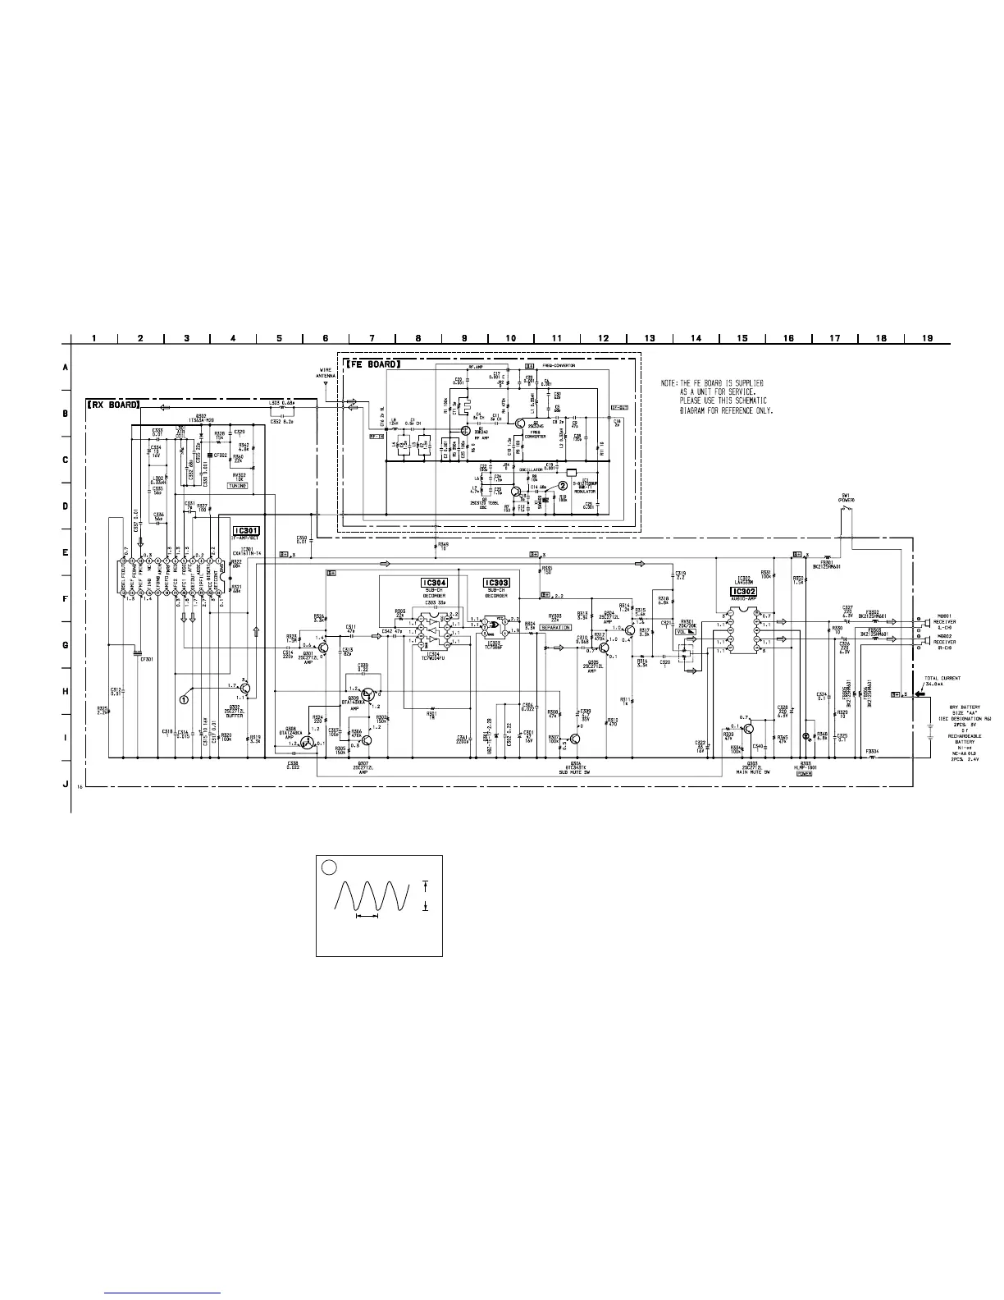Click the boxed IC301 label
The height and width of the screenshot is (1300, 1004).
tap(245, 531)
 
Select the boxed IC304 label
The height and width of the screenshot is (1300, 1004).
tap(434, 583)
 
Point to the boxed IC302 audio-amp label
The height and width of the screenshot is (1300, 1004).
tap(743, 591)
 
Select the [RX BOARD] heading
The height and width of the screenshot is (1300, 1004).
tap(115, 405)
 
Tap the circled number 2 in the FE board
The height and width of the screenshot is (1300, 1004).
tap(564, 485)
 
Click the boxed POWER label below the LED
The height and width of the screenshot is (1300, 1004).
tap(805, 773)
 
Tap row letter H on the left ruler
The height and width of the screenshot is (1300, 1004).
tap(65, 691)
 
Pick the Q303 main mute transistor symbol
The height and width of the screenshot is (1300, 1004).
tap(749, 729)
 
